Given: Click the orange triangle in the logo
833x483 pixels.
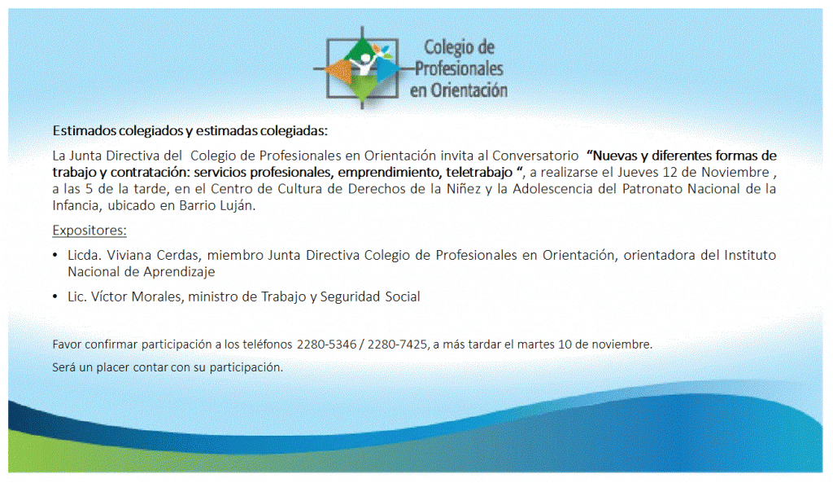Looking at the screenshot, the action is click(x=340, y=71).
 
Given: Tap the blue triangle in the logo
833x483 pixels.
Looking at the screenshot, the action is click(x=387, y=69).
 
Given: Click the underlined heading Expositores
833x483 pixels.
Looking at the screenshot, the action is click(x=89, y=231).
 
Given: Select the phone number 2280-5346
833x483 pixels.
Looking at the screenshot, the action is click(x=326, y=345).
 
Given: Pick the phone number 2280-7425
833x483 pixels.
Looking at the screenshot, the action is click(x=397, y=345).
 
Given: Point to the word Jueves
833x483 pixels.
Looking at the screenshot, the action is click(x=635, y=173).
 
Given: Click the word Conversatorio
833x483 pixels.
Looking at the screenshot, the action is click(x=535, y=156).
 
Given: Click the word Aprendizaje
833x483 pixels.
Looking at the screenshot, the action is click(x=182, y=272).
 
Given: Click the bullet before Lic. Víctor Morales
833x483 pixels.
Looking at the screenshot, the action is click(x=55, y=296).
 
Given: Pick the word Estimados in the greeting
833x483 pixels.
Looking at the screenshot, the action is click(x=84, y=130).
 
